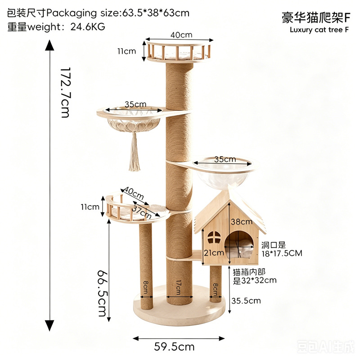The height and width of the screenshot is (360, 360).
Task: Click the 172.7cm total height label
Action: tap(65, 93)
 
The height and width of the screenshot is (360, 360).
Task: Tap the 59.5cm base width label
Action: tap(174, 346)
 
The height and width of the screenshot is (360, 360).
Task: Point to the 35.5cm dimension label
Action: tap(246, 301)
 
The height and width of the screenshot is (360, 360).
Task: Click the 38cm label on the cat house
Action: tap(242, 221)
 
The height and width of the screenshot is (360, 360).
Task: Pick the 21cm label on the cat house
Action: tap(214, 253)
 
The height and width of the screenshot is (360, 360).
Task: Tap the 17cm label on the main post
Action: tap(179, 287)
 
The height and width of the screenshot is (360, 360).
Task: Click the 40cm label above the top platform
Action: tap(181, 35)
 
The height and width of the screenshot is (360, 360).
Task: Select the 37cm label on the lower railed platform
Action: tap(142, 212)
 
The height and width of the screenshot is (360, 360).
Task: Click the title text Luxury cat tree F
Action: tap(319, 30)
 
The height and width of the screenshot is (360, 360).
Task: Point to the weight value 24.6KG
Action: tap(88, 27)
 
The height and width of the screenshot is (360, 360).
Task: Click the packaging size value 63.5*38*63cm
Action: tap(156, 13)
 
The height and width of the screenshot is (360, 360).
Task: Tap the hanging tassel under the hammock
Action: tap(134, 152)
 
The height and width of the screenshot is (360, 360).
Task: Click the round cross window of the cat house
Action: tap(214, 238)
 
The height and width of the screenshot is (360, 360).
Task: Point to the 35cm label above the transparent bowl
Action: tap(225, 159)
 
